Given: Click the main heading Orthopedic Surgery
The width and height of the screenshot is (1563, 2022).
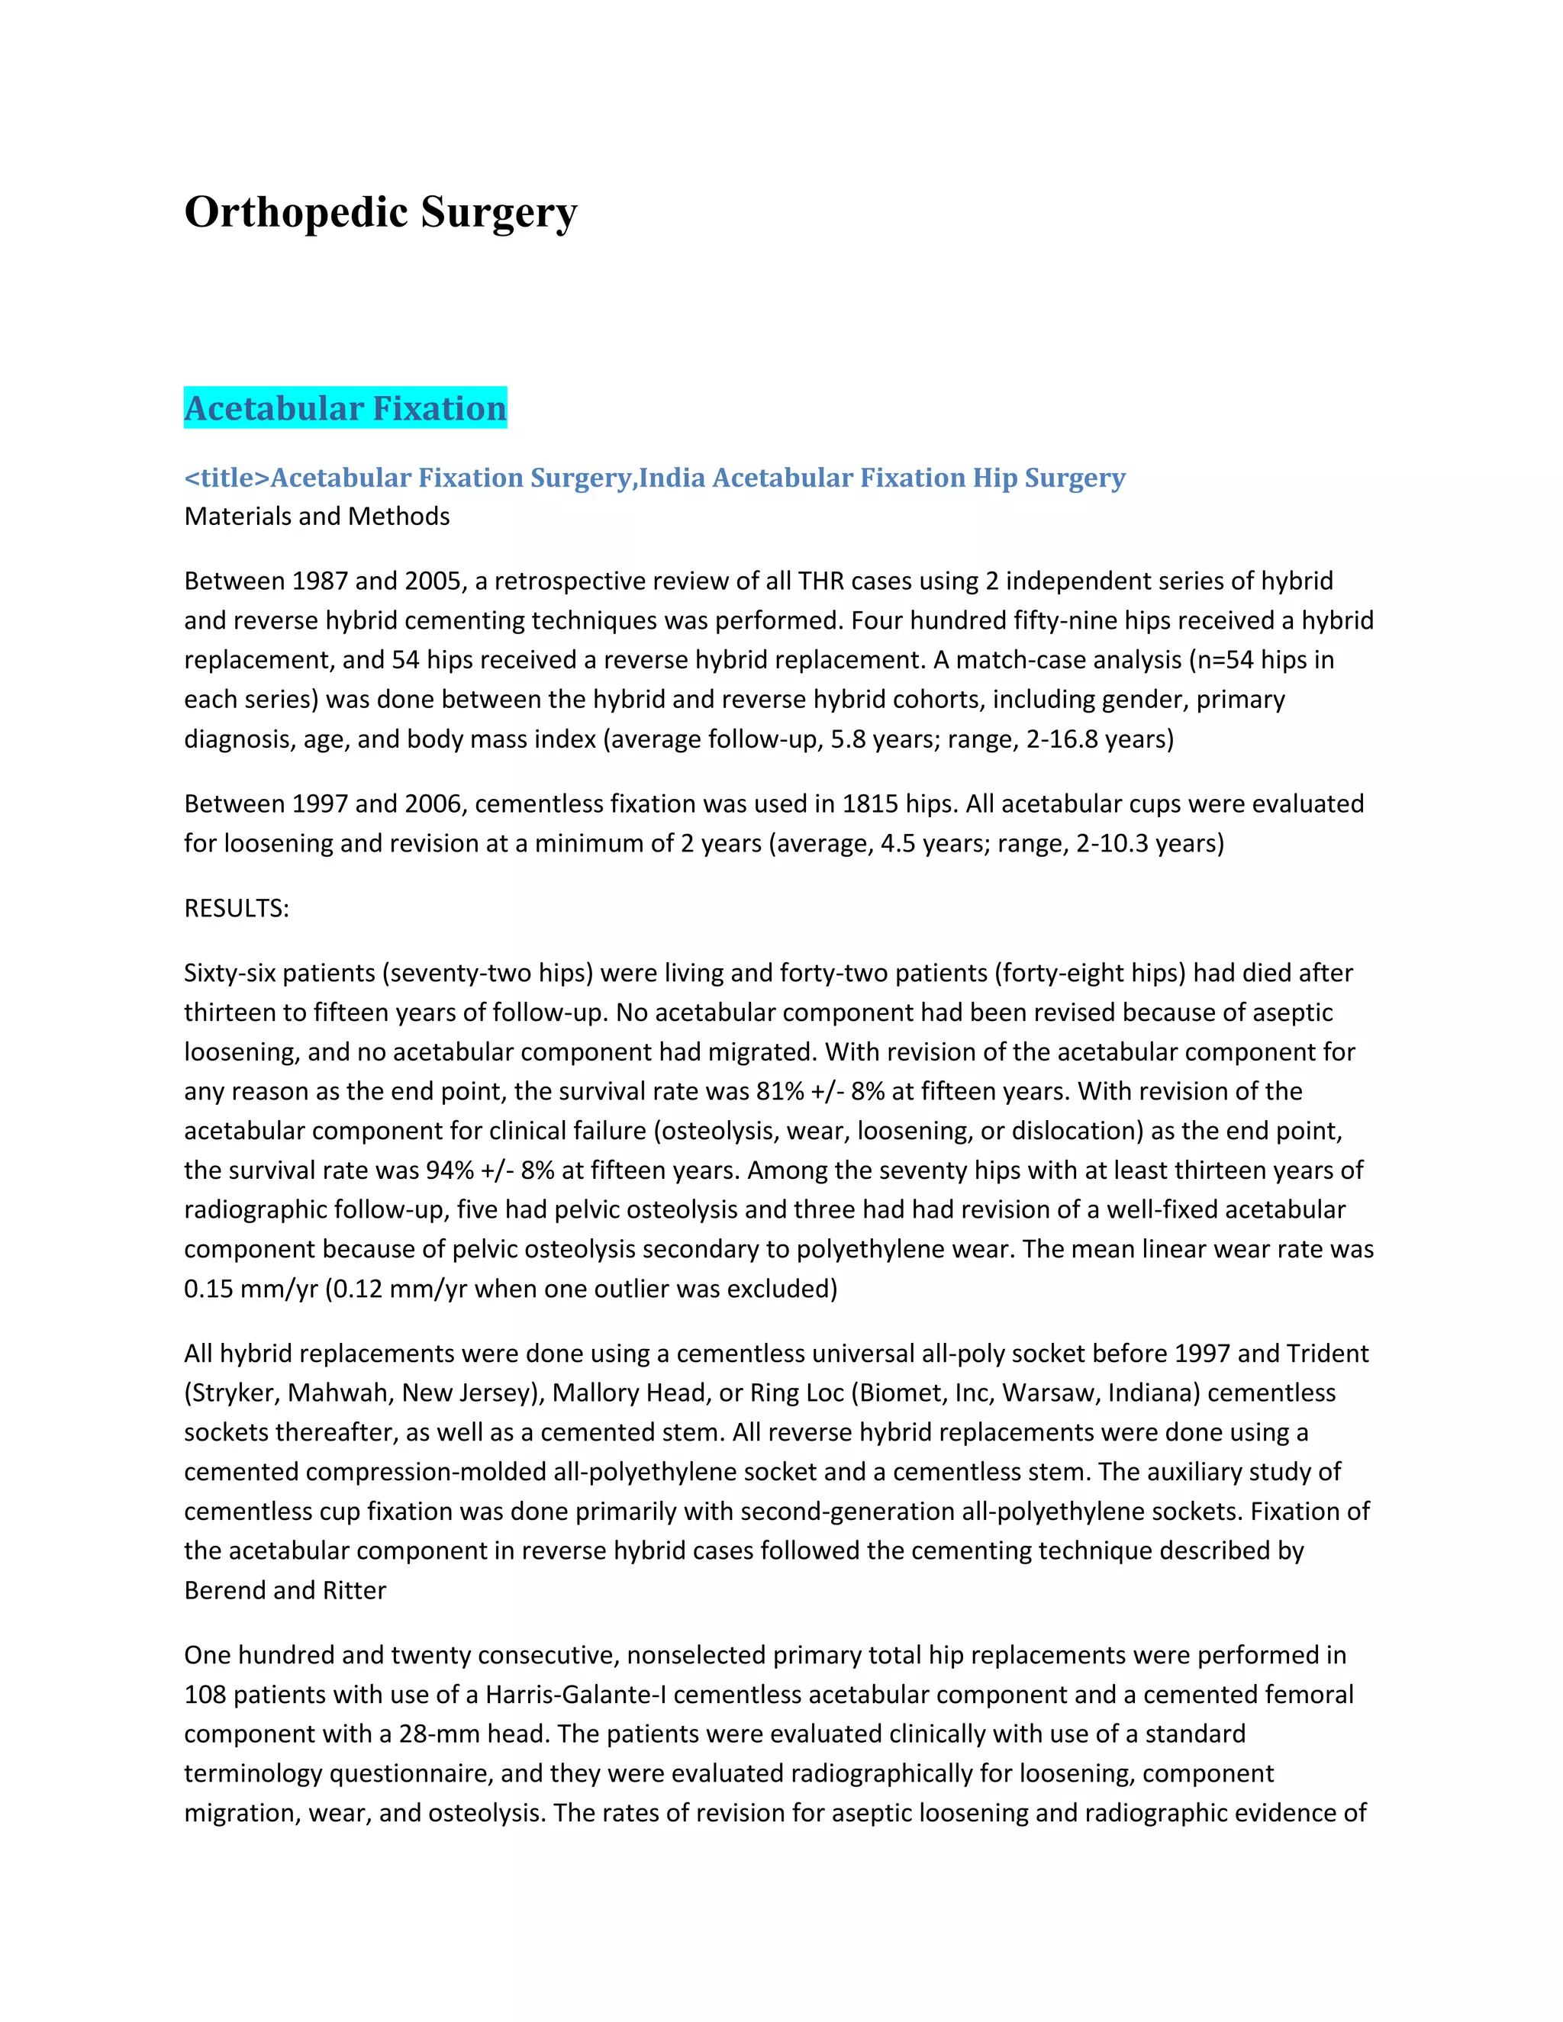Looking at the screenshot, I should [x=381, y=212].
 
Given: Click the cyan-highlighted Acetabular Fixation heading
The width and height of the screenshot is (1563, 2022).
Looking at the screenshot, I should [x=346, y=408].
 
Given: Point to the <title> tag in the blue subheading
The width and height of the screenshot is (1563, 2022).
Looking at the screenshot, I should [x=227, y=478].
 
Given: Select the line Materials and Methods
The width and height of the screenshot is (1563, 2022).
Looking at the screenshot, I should [x=317, y=517].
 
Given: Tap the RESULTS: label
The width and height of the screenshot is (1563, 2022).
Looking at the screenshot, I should [x=236, y=908].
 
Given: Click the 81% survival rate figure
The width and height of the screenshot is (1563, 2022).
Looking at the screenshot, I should [x=780, y=1092].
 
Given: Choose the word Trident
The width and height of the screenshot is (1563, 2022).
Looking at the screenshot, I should [x=1328, y=1354].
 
